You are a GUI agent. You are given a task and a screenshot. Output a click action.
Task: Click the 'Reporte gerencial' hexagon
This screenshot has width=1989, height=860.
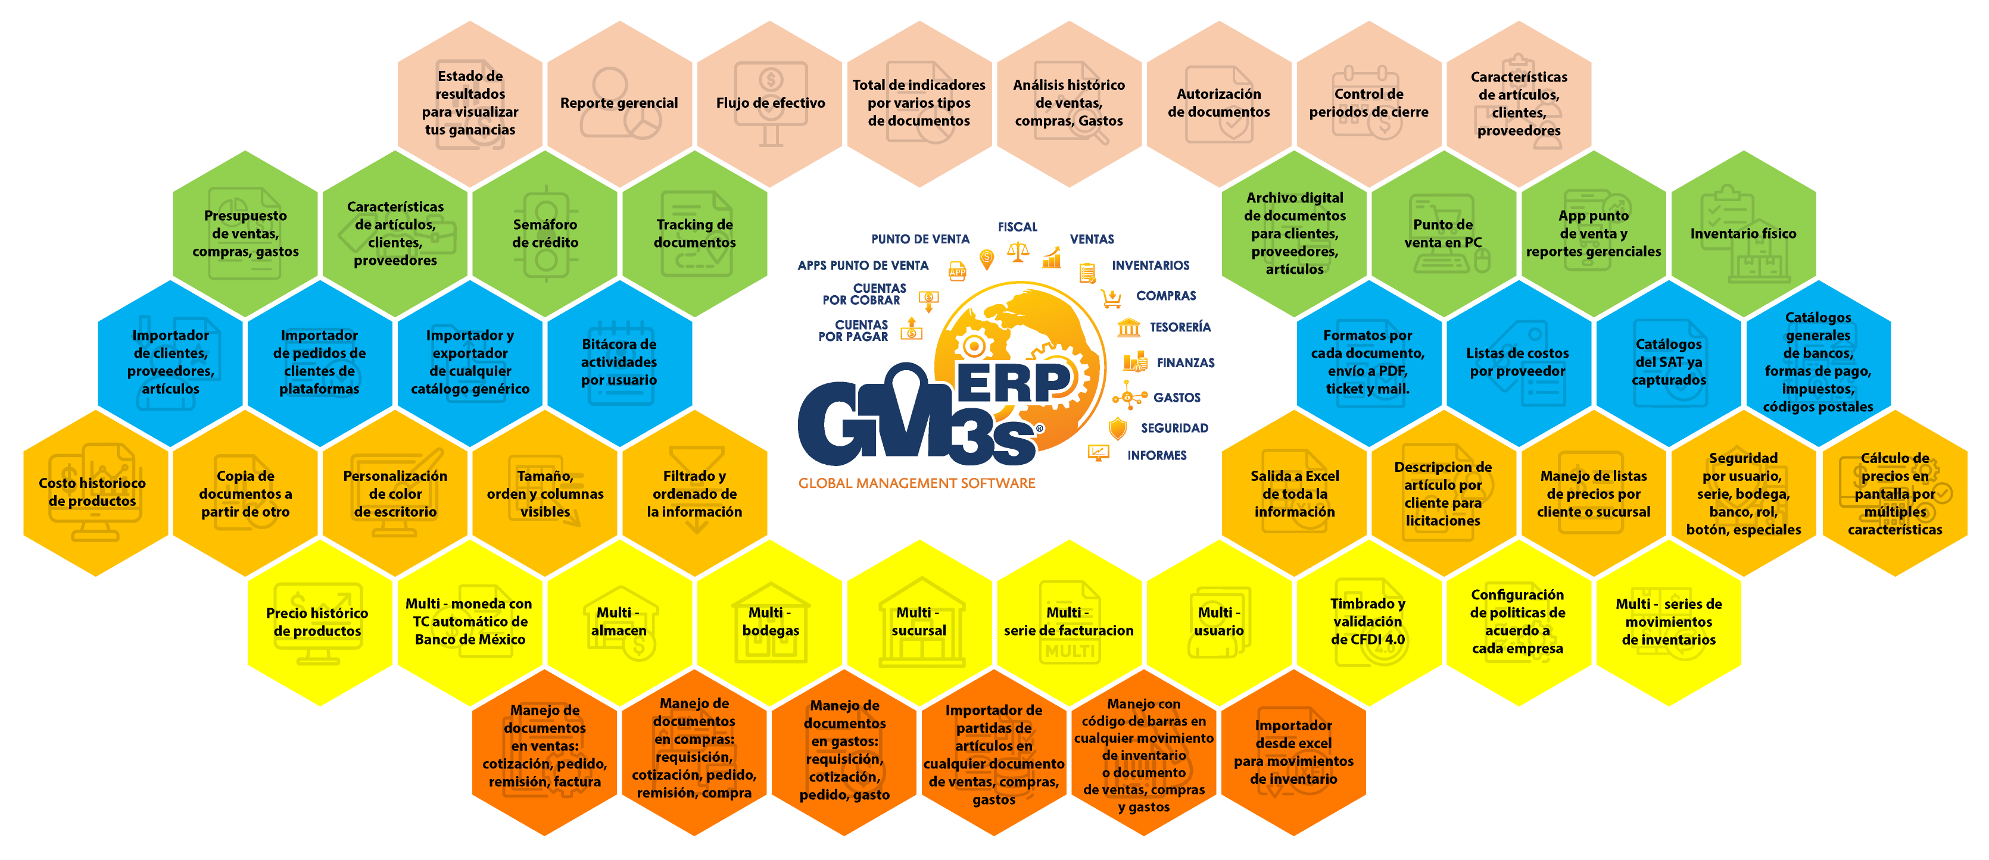click(x=619, y=104)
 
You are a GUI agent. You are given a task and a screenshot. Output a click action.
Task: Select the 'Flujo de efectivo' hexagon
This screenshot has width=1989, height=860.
click(x=770, y=104)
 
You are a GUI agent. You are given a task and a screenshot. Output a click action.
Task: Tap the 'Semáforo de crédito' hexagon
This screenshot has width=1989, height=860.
click(x=545, y=233)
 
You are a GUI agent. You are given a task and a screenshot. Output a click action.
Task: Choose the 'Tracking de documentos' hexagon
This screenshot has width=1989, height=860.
click(x=695, y=233)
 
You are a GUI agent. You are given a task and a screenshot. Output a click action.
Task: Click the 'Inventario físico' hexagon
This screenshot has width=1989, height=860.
click(x=1744, y=233)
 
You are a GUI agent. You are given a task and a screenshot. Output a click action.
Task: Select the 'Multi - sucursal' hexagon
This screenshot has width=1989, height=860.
click(x=919, y=622)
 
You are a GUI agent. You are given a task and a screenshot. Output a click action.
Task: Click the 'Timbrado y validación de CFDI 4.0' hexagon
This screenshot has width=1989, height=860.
click(x=1368, y=622)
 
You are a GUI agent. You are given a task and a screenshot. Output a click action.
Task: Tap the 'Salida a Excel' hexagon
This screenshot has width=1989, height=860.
click(x=1294, y=493)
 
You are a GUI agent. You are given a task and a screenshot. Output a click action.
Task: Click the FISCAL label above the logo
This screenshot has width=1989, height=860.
click(x=1017, y=227)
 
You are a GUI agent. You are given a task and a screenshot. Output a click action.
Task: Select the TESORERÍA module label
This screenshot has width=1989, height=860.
click(x=1180, y=327)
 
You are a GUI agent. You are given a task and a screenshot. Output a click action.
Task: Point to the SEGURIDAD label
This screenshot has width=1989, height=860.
click(x=1174, y=428)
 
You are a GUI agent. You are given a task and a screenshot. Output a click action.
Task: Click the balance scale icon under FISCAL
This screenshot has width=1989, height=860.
click(x=1018, y=252)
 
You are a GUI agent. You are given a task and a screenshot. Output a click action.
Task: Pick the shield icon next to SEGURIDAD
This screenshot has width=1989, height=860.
click(x=1117, y=429)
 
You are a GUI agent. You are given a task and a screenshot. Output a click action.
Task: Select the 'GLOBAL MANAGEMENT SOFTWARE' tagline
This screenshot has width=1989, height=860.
click(x=916, y=483)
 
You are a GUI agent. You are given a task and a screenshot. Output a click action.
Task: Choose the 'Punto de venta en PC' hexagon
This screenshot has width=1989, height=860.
click(x=1442, y=233)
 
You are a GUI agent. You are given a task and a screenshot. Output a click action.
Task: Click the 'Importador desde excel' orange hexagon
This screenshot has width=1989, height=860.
click(x=1293, y=752)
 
